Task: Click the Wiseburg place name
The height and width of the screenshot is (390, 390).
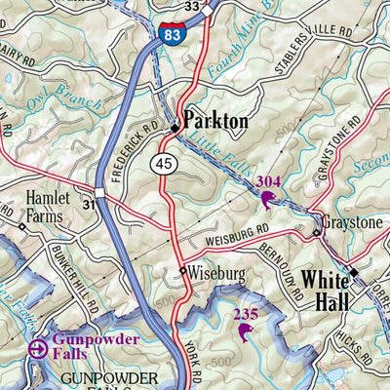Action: pyautogui.click(x=214, y=272)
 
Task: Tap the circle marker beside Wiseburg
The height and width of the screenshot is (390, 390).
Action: pyautogui.click(x=182, y=272)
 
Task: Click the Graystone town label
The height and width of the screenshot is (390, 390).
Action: pyautogui.click(x=354, y=221)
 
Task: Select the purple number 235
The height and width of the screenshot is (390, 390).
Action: pyautogui.click(x=246, y=314)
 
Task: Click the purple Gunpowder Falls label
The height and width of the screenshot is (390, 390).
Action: pyautogui.click(x=96, y=347)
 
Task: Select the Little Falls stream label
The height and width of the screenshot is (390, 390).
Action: pyautogui.click(x=217, y=150)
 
